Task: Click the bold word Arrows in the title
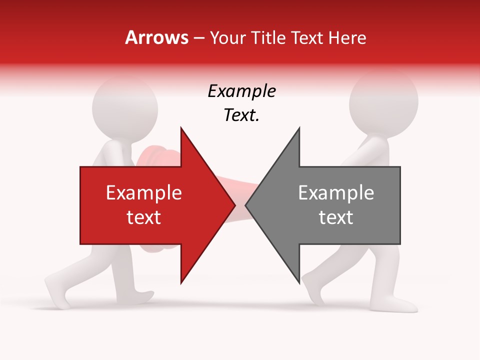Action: (157, 37)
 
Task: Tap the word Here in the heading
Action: (347, 37)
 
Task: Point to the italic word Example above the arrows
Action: (241, 91)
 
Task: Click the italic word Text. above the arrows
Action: (241, 115)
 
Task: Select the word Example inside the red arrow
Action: (144, 193)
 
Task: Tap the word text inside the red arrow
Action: (144, 217)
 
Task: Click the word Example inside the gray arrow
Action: (336, 193)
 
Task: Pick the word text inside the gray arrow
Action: (336, 217)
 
